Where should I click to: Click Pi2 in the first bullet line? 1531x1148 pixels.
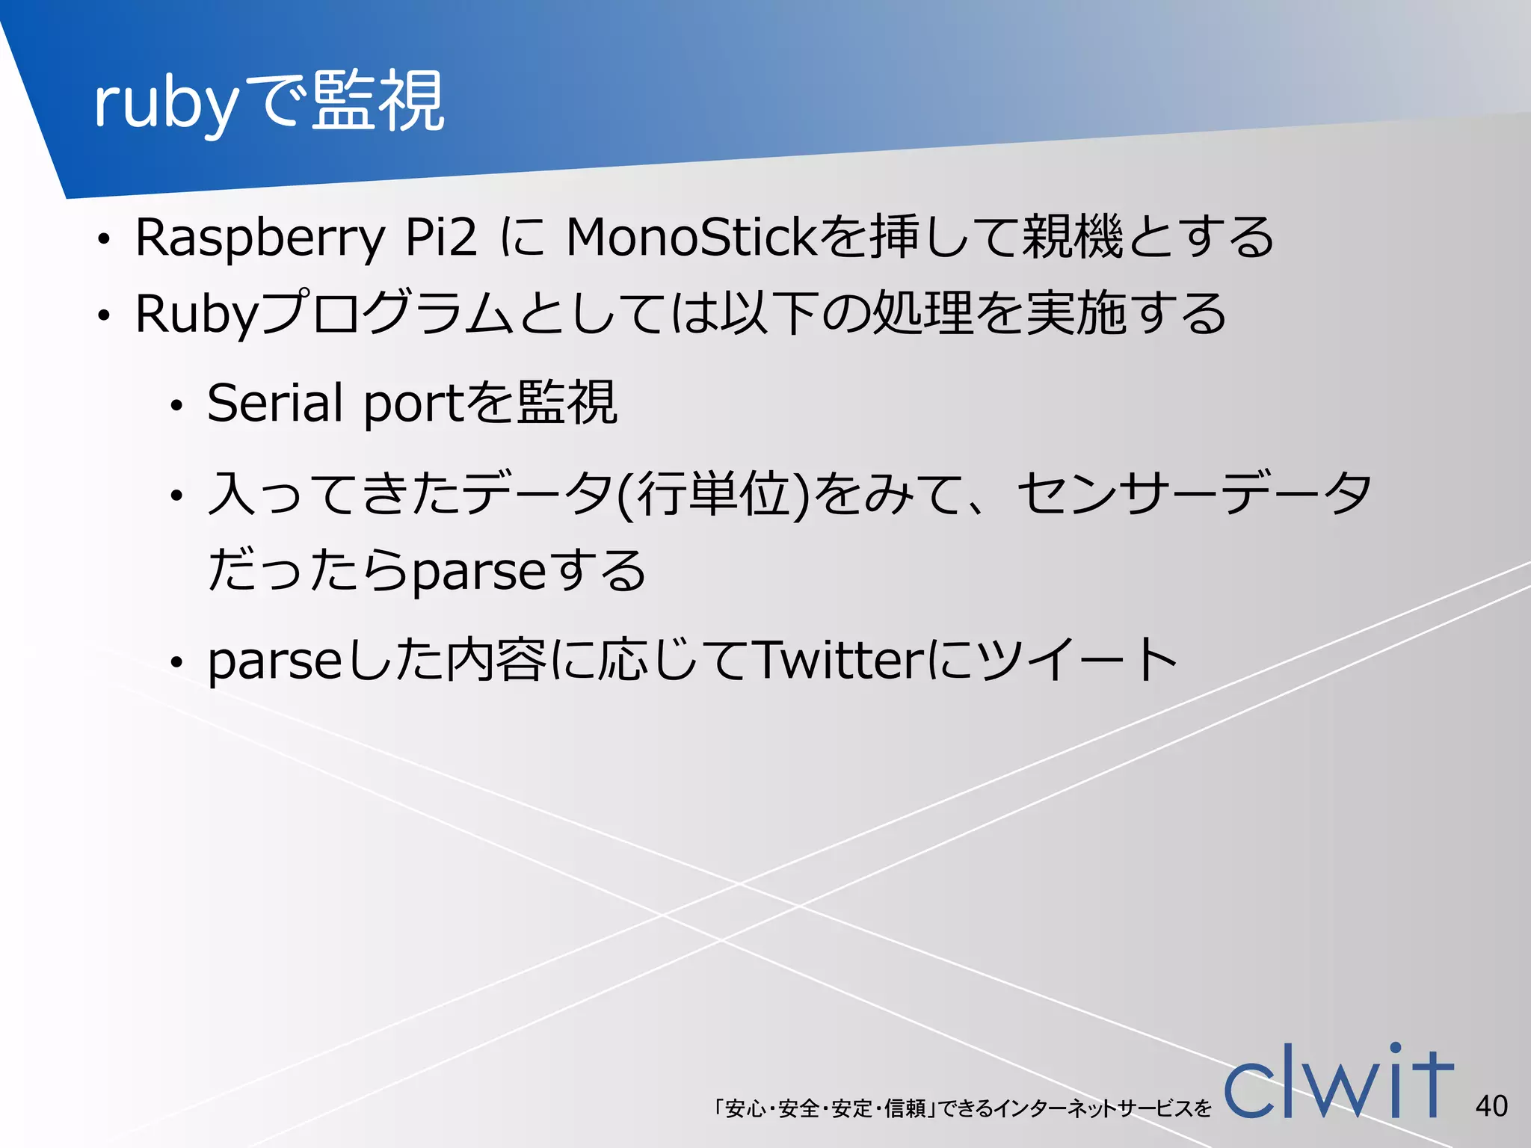pyautogui.click(x=440, y=238)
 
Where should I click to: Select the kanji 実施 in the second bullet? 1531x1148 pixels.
pyautogui.click(x=1075, y=314)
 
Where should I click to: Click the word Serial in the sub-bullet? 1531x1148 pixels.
pyautogui.click(x=274, y=404)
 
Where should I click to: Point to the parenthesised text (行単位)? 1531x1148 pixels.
pyautogui.click(x=714, y=495)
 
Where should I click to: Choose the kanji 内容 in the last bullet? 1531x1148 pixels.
pyautogui.click(x=496, y=661)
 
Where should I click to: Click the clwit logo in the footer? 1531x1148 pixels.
pyautogui.click(x=1338, y=1081)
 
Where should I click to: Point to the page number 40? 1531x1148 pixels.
pyautogui.click(x=1491, y=1105)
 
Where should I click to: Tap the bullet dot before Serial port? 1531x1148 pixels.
pyautogui.click(x=176, y=407)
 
